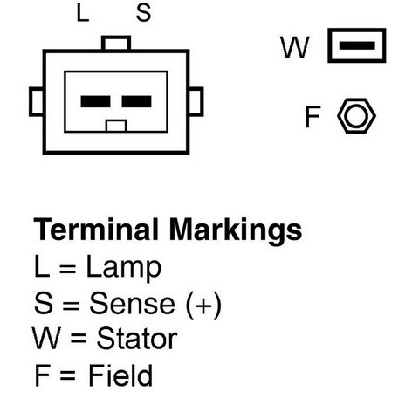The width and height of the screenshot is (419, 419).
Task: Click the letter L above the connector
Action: (83, 14)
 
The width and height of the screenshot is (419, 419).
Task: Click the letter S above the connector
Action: (143, 13)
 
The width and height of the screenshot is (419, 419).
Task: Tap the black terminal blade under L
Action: (95, 101)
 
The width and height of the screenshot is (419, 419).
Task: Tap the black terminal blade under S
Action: (136, 101)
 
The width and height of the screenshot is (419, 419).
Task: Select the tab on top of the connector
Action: (116, 43)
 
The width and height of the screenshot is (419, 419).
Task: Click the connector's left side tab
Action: (37, 101)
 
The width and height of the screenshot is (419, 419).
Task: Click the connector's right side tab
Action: (196, 101)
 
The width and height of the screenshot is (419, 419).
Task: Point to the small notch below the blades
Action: (116, 126)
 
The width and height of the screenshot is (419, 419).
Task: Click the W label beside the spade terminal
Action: (294, 47)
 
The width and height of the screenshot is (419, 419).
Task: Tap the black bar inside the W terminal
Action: (357, 45)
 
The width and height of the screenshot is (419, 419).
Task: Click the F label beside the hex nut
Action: (313, 116)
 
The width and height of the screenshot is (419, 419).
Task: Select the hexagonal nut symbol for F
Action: (356, 116)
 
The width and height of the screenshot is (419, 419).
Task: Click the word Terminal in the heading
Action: (96, 230)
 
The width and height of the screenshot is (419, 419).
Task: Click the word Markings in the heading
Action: (236, 231)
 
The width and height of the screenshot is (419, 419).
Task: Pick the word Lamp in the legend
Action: (124, 268)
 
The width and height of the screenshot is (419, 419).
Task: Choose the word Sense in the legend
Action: (133, 303)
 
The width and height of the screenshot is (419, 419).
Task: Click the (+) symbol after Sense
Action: (203, 305)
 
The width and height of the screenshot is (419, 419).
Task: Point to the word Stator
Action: (137, 339)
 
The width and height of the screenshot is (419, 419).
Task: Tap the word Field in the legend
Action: (120, 375)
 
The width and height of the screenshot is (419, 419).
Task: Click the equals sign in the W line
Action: (79, 338)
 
